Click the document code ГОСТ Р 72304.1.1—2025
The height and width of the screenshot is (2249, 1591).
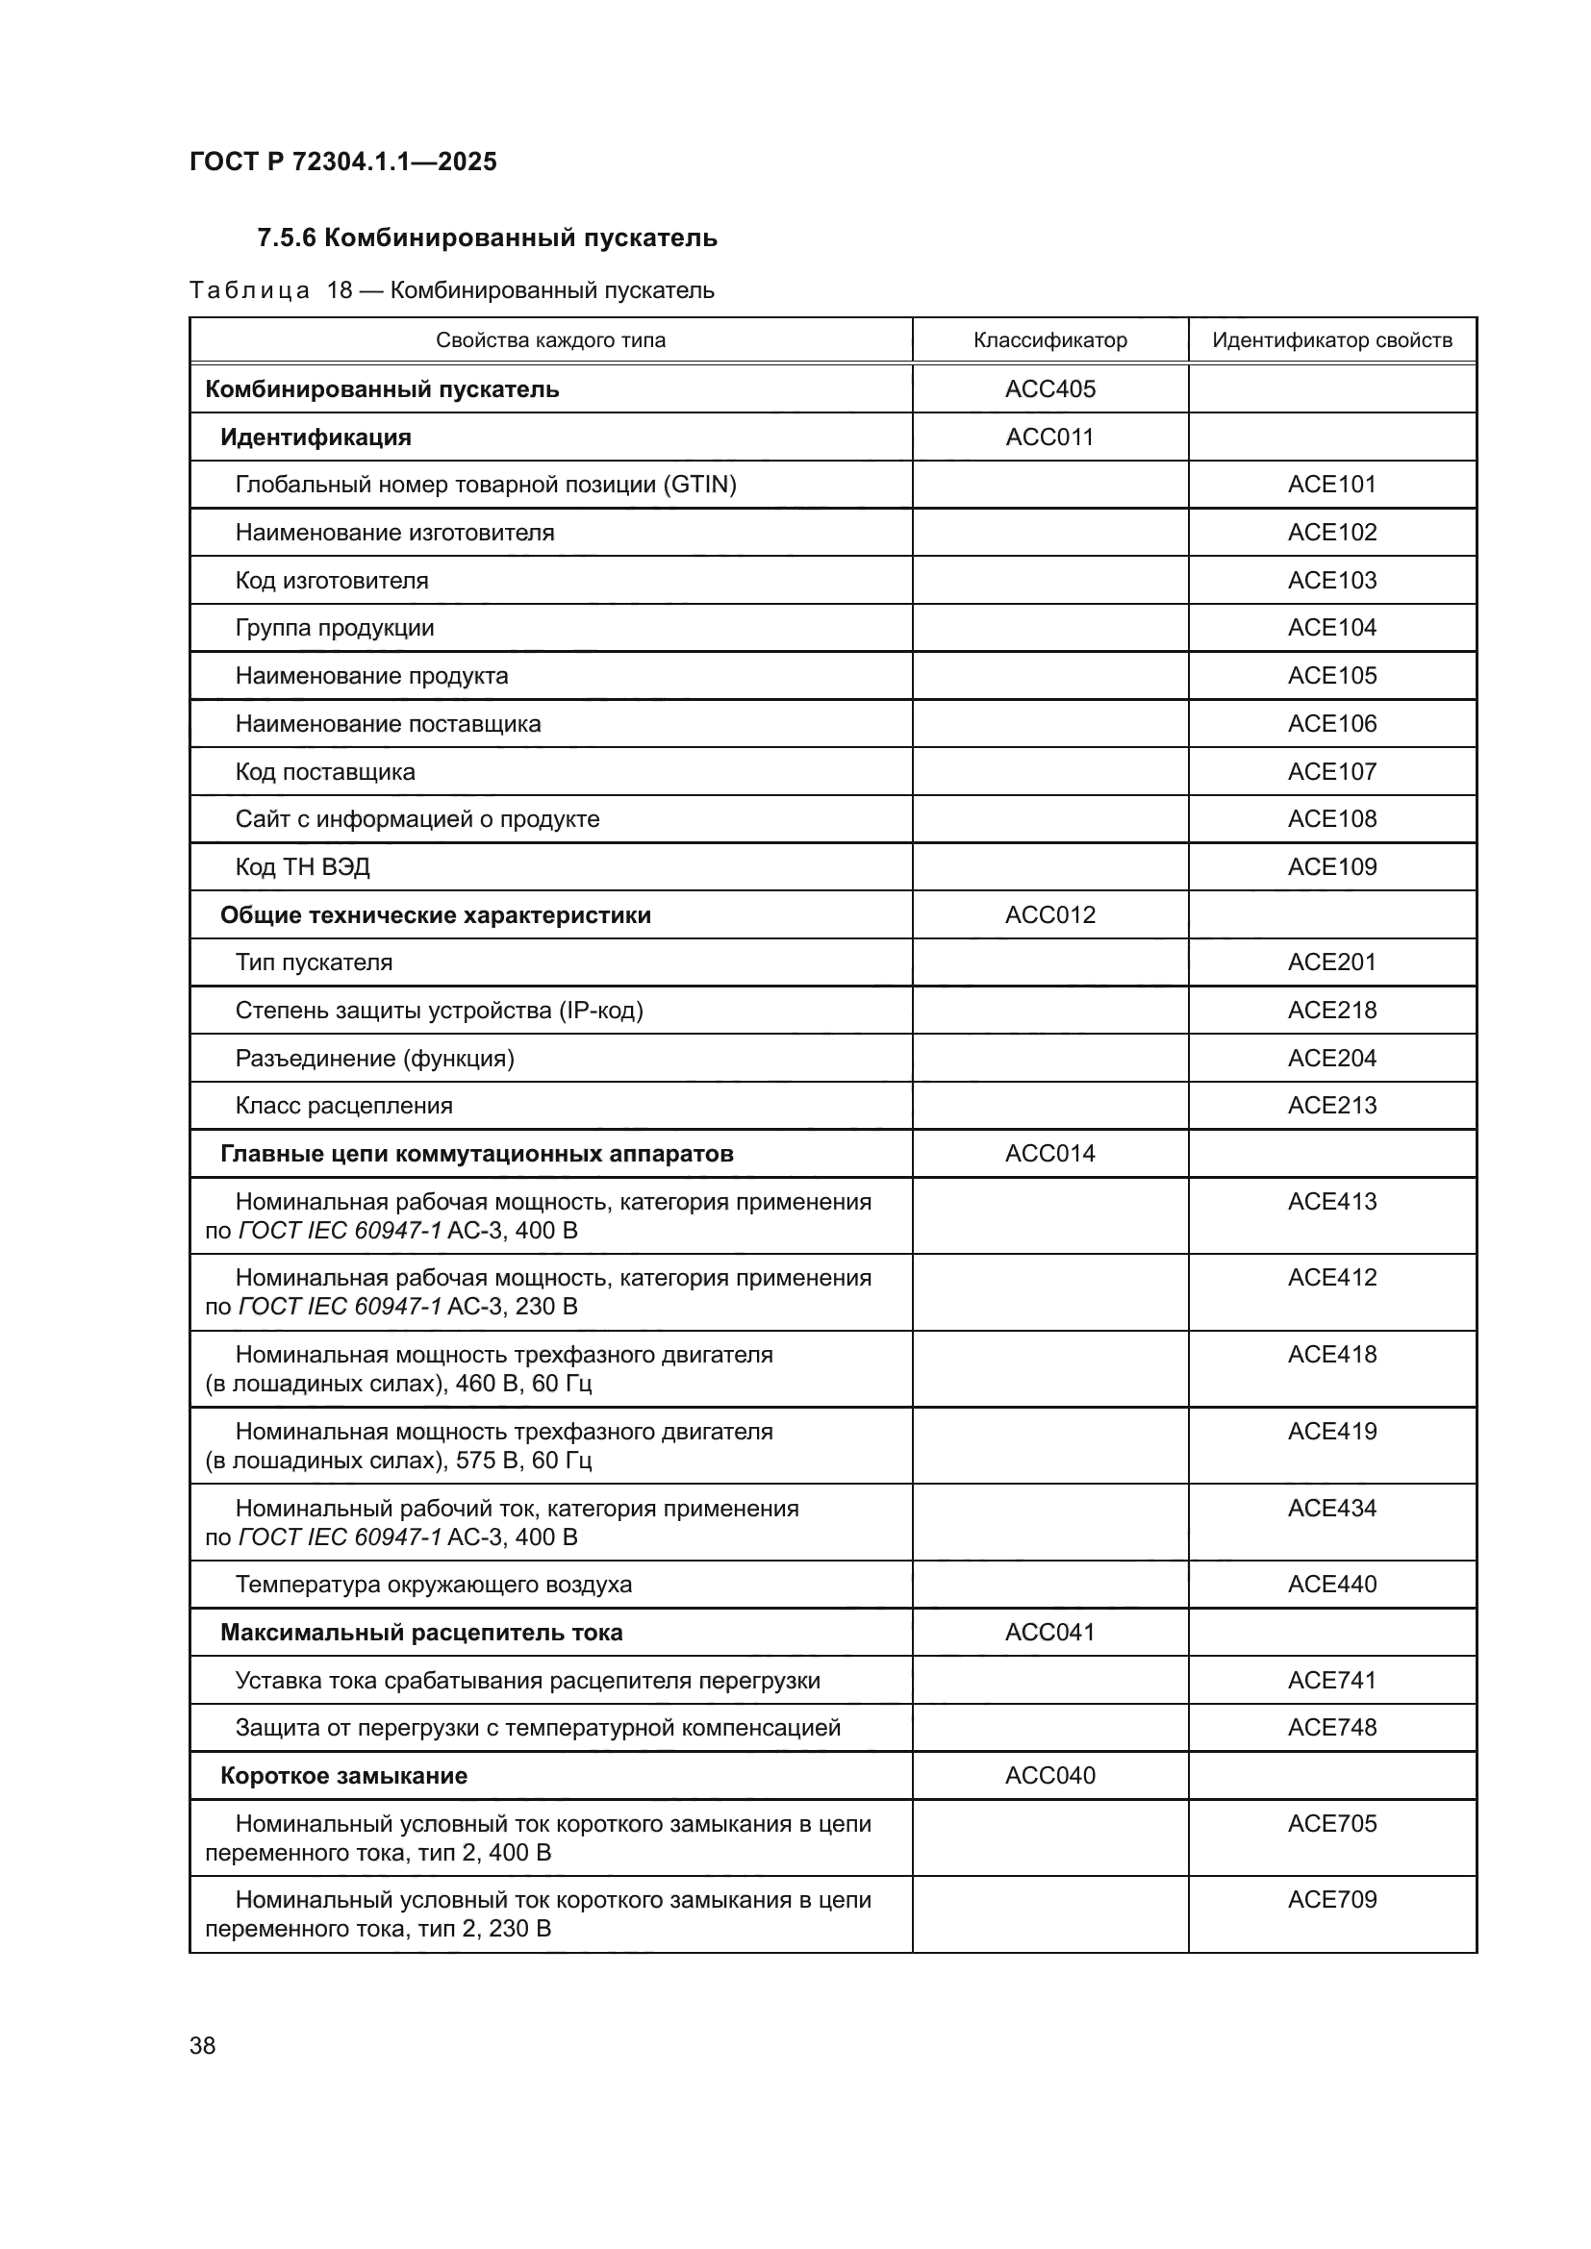point(342,162)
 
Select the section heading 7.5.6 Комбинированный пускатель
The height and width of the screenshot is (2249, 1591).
point(487,238)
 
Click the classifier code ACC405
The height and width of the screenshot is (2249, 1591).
point(1049,388)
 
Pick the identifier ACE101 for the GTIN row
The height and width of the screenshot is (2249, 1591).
point(1331,484)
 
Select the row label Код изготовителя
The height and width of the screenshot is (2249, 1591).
point(331,580)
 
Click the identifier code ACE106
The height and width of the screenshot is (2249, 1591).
point(1331,723)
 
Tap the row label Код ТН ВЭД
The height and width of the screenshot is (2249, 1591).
point(302,867)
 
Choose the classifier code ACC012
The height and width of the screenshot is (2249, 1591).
point(1049,914)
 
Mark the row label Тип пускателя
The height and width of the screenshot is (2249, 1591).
point(314,962)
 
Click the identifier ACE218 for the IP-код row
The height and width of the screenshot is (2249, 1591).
point(1331,1010)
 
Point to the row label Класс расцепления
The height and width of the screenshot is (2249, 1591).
point(343,1106)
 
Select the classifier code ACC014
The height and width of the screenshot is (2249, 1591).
point(1049,1153)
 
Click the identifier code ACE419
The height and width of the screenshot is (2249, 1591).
point(1331,1431)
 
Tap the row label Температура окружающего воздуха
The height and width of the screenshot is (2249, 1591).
point(433,1584)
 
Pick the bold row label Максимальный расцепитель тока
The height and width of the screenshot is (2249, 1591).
point(421,1632)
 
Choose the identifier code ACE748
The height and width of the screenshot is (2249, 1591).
point(1331,1727)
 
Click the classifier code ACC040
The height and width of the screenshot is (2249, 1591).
point(1049,1775)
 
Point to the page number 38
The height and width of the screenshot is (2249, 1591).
point(203,2045)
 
